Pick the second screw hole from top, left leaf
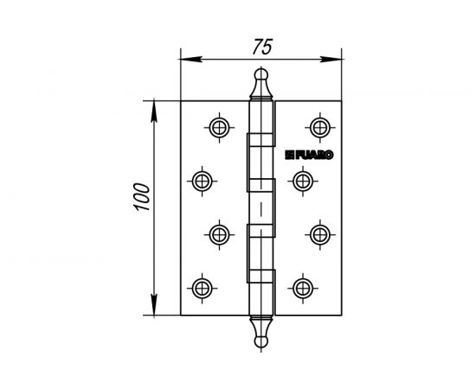201,180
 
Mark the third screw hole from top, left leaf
219,233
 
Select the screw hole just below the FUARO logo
301,180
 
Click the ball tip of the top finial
260,75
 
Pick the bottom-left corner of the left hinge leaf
180,314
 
